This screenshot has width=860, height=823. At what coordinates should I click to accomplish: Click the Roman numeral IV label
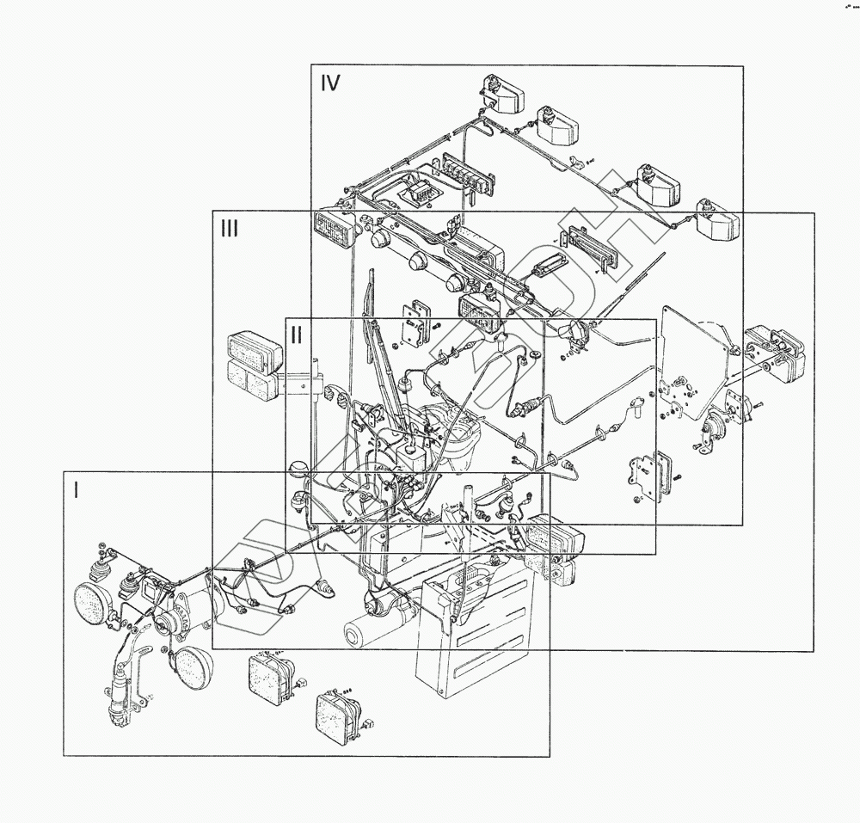pos(330,83)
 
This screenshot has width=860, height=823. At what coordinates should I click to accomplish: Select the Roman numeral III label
pos(229,229)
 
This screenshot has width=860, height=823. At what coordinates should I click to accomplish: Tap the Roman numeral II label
pos(296,335)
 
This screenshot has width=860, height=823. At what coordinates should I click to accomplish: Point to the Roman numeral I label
pos(77,490)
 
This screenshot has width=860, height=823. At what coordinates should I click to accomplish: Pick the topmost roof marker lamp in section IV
pos(502,93)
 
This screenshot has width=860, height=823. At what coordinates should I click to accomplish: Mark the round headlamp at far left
pos(92,599)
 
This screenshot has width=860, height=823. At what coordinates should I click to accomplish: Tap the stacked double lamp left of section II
pos(252,365)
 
